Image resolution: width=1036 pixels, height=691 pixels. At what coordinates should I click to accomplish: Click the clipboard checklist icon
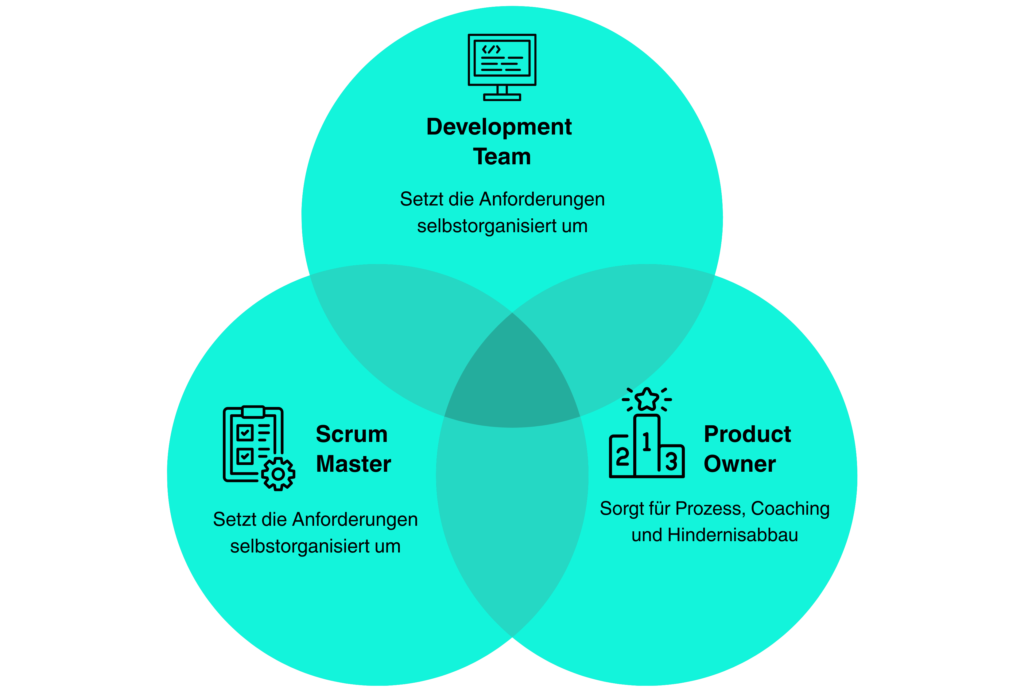click(253, 445)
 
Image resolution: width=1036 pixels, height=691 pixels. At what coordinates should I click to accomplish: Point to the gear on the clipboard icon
click(278, 474)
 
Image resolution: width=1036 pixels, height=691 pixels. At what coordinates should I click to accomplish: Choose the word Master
click(353, 464)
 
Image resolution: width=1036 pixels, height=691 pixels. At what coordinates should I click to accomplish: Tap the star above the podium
click(647, 399)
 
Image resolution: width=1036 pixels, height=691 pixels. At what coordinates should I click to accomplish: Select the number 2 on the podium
click(622, 457)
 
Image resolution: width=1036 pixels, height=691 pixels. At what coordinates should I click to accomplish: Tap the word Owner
click(739, 464)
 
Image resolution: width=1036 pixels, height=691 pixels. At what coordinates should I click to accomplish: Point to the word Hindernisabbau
click(732, 535)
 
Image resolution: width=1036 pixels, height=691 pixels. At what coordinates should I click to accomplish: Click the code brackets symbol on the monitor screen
click(491, 49)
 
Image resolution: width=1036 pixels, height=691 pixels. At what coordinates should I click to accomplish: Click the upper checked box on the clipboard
click(245, 433)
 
